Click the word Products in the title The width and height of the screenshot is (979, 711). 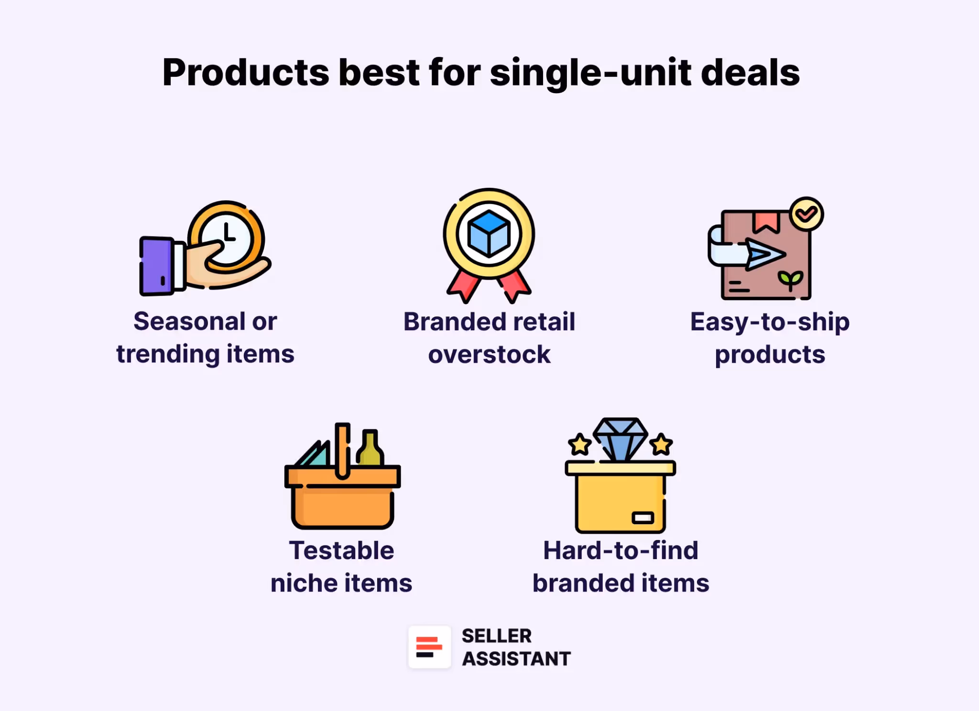point(246,73)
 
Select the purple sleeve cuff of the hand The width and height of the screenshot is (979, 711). point(156,266)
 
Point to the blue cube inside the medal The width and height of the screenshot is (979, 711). point(489,234)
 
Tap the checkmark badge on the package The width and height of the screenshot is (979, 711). point(806,214)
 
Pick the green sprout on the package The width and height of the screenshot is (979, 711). point(790,280)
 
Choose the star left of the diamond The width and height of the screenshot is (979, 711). point(580,444)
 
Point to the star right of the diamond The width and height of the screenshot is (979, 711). point(662,444)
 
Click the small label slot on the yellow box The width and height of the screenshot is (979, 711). point(642,517)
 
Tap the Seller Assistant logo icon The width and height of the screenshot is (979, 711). point(429,647)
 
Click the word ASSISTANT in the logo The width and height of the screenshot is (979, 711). point(516,659)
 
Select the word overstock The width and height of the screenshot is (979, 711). point(489,355)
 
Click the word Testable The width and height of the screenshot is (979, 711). point(341,550)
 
